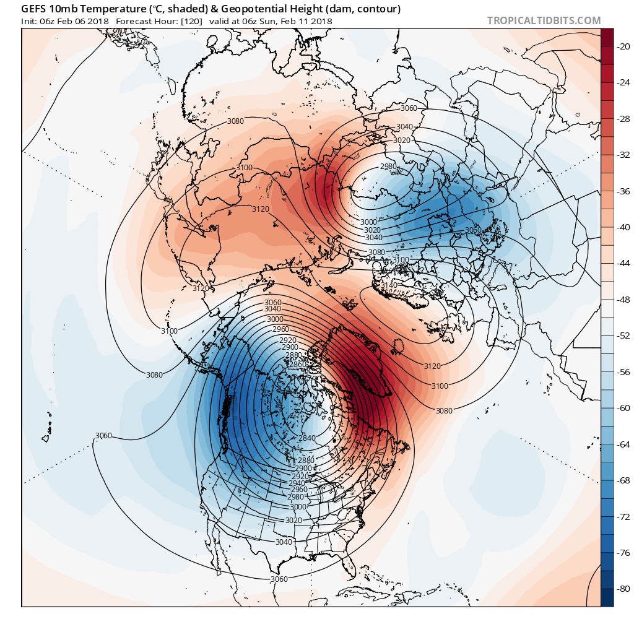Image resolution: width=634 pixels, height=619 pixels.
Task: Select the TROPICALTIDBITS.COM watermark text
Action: tap(544, 20)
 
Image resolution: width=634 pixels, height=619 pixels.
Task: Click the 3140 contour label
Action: tap(389, 285)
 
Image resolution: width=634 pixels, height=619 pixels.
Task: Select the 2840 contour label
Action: tap(307, 438)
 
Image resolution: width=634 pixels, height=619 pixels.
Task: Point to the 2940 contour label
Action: tap(297, 483)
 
